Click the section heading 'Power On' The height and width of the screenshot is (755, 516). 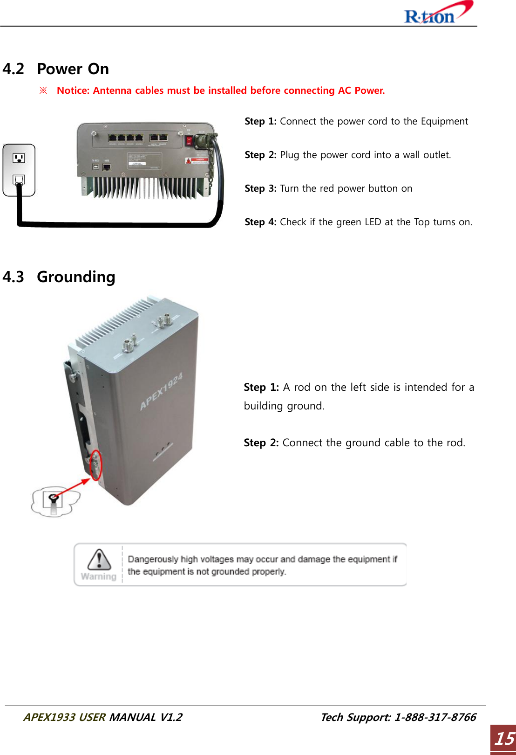pyautogui.click(x=73, y=69)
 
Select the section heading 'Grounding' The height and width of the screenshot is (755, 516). pyautogui.click(x=76, y=277)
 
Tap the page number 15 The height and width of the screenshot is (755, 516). pyautogui.click(x=504, y=739)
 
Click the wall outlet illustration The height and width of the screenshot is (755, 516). pyautogui.click(x=19, y=170)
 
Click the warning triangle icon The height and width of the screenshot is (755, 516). pyautogui.click(x=99, y=560)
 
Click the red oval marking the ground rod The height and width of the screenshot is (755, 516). pyautogui.click(x=95, y=465)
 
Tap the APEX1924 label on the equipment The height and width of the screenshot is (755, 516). pyautogui.click(x=161, y=392)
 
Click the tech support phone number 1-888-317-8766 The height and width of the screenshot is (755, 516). pyautogui.click(x=435, y=717)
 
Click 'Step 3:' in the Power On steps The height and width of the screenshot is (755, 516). pyautogui.click(x=260, y=188)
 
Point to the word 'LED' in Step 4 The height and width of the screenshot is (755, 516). pyautogui.click(x=373, y=222)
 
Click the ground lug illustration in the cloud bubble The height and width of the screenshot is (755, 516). pyautogui.click(x=53, y=501)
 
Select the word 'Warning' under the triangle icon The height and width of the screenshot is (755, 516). pyautogui.click(x=99, y=576)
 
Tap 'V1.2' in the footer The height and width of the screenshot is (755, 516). pyautogui.click(x=171, y=717)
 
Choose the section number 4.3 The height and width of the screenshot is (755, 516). pyautogui.click(x=13, y=277)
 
